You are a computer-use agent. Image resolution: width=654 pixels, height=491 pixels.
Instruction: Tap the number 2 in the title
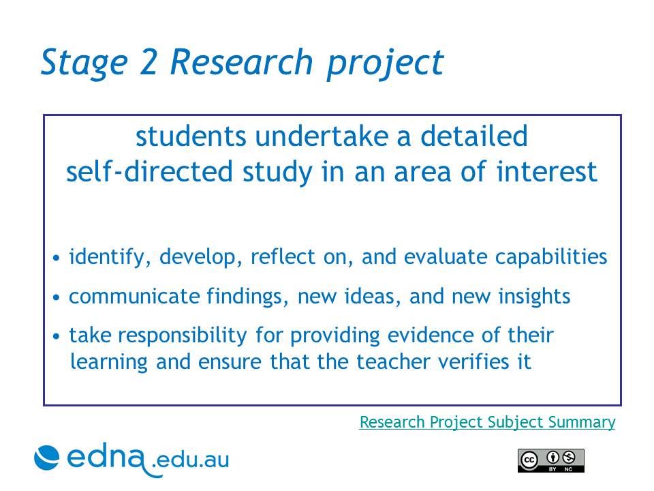tap(148, 62)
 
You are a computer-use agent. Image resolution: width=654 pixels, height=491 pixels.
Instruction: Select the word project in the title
tap(385, 64)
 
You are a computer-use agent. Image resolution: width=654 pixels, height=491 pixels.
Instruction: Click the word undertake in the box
tap(322, 136)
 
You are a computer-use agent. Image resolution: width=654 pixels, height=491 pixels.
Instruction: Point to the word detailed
tap(474, 136)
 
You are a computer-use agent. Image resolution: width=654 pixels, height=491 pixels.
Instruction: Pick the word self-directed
tap(149, 172)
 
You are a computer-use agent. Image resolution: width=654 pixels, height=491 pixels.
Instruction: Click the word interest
tap(547, 172)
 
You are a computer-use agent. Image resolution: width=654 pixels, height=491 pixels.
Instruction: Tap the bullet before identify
tap(57, 258)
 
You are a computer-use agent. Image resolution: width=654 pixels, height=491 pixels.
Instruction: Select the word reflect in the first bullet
tap(283, 256)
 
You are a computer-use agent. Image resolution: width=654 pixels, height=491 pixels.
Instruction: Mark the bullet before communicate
tap(57, 297)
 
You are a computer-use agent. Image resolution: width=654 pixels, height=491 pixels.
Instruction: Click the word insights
tap(534, 297)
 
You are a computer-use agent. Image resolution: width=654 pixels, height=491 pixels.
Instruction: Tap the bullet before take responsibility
tap(57, 336)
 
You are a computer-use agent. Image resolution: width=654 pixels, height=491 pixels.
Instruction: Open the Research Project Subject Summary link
tap(487, 422)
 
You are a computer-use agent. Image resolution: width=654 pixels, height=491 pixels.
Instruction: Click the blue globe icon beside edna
tap(47, 458)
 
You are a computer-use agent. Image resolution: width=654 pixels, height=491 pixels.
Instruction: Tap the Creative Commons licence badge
tap(551, 460)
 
